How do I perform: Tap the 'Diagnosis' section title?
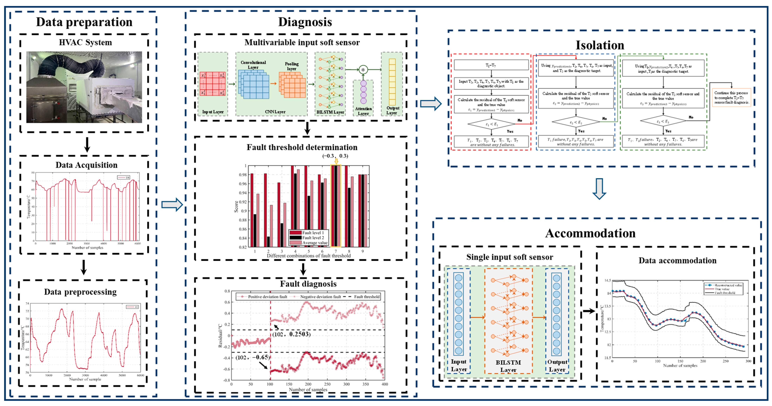pos(305,22)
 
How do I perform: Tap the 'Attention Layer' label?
pos(363,111)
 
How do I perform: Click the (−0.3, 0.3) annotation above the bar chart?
pos(335,156)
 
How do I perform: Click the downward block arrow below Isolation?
pos(599,189)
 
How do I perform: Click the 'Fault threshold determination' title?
pos(302,147)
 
